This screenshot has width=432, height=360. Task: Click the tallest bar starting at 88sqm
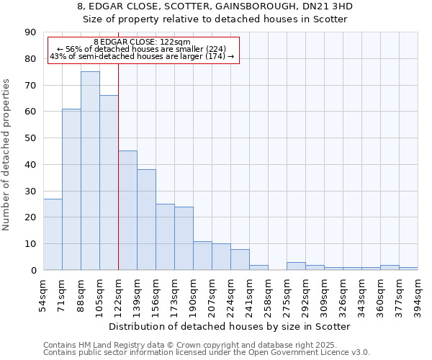(90, 171)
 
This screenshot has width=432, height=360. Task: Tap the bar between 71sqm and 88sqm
(71, 189)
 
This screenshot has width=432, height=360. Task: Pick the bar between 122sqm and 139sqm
(127, 210)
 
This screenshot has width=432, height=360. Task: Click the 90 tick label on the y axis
(30, 32)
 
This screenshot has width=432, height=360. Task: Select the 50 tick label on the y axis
(30, 138)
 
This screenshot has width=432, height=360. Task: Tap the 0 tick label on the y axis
(33, 271)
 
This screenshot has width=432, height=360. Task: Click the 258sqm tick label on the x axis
(269, 294)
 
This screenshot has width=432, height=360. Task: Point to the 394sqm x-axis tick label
(418, 294)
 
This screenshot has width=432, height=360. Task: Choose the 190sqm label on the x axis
(194, 294)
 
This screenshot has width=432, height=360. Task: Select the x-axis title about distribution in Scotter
(230, 326)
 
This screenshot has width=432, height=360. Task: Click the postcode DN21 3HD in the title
(329, 6)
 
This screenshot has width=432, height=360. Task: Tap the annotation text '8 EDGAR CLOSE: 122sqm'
(142, 42)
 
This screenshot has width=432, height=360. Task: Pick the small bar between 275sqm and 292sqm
(296, 266)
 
